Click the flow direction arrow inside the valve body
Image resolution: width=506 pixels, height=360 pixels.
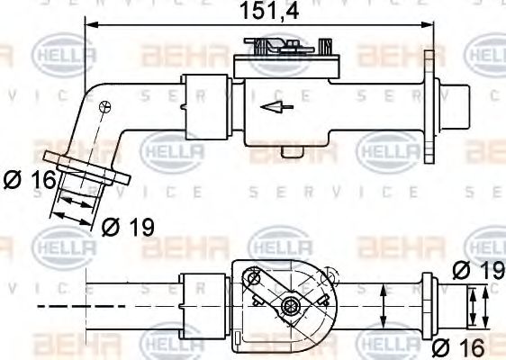click(272, 107)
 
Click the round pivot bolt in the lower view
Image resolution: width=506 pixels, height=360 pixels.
click(289, 308)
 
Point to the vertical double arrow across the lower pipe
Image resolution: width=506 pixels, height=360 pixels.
click(384, 307)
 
